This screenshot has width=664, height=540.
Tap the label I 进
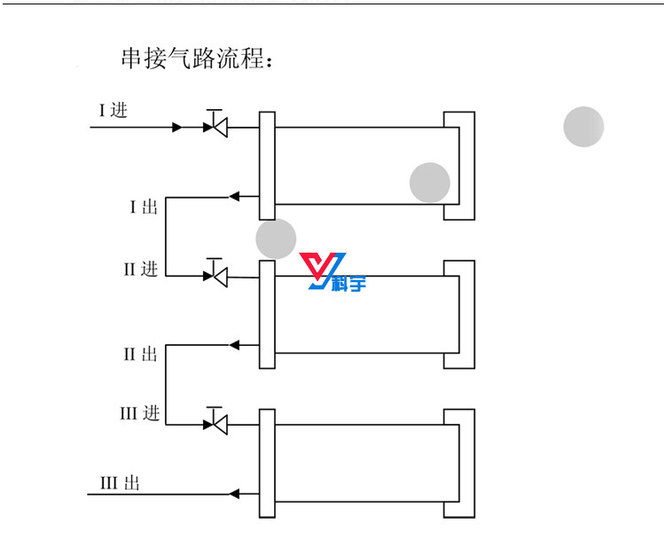[113, 111]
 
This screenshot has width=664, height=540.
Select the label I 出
[143, 207]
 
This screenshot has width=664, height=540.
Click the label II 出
[139, 355]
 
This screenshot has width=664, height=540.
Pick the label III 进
[139, 414]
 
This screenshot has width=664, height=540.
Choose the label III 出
[120, 484]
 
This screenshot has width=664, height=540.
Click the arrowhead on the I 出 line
[234, 196]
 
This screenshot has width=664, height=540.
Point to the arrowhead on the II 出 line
[234, 344]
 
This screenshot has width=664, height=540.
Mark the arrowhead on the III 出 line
[234, 493]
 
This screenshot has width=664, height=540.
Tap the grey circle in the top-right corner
[583, 127]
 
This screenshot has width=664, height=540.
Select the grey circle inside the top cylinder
[430, 183]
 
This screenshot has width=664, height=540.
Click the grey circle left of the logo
[276, 239]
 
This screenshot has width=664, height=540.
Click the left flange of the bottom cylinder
[267, 463]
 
